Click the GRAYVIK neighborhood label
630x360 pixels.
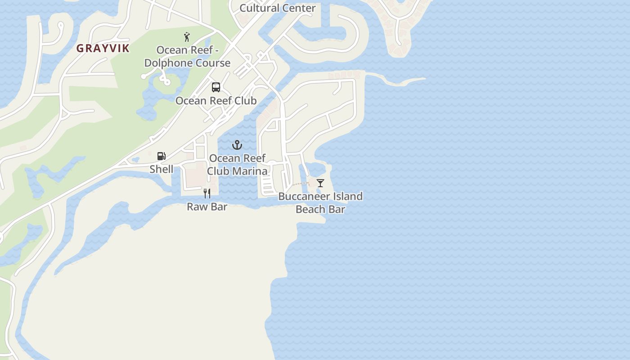[103, 49]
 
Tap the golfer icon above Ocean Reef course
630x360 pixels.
[187, 37]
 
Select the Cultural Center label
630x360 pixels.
[277, 8]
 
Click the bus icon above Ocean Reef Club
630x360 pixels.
[216, 87]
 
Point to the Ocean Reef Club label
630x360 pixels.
[216, 101]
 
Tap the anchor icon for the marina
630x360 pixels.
[237, 145]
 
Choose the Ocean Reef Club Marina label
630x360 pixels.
[237, 165]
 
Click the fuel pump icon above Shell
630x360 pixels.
[161, 156]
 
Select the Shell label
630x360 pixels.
[161, 169]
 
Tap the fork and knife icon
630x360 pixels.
[207, 193]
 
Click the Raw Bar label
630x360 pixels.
[207, 207]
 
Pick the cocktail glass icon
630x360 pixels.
[320, 183]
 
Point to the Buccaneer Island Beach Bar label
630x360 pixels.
[320, 203]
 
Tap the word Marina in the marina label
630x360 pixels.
[250, 171]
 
